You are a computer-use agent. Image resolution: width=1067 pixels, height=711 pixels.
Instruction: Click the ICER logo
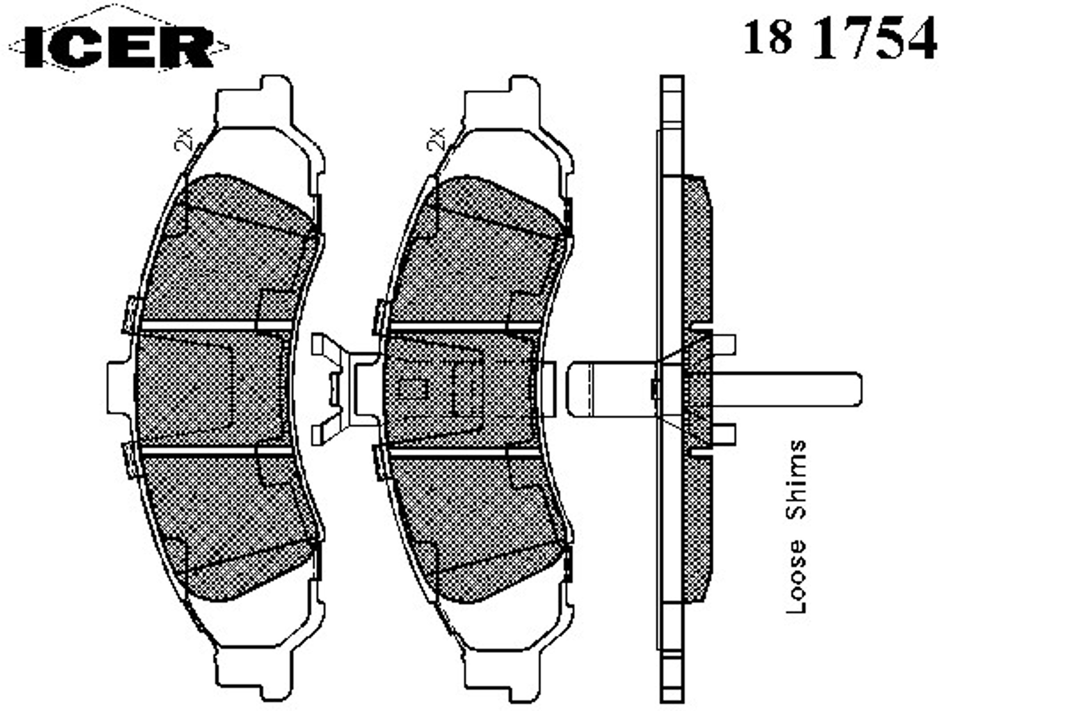click(x=119, y=46)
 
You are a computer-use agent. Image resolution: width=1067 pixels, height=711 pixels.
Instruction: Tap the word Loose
click(x=796, y=576)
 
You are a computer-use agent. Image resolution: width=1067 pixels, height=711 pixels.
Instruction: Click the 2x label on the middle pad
click(x=436, y=139)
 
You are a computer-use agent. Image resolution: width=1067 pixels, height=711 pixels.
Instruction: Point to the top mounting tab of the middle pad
click(x=502, y=102)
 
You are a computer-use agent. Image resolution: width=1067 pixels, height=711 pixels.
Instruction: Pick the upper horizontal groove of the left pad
click(x=216, y=325)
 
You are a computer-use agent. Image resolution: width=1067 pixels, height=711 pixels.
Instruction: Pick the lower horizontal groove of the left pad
click(x=216, y=451)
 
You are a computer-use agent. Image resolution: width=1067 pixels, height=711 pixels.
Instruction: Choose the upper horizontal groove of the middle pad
click(x=465, y=326)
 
